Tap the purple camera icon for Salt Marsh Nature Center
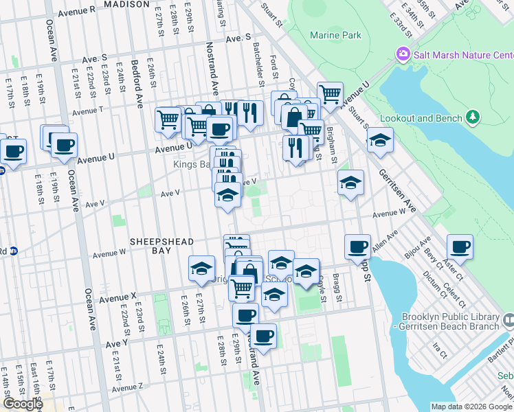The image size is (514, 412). (x=403, y=54)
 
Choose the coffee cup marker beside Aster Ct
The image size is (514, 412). (x=460, y=247)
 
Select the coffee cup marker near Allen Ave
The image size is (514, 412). (x=357, y=247)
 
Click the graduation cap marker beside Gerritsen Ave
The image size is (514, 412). (x=380, y=141)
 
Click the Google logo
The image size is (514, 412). (x=23, y=404)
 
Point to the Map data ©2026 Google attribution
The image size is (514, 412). (x=471, y=407)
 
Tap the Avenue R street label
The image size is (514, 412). (x=77, y=12)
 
